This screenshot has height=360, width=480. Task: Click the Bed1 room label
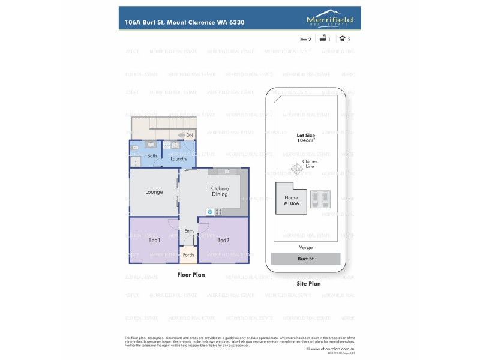pos(154,241)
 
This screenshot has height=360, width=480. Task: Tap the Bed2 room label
pos(223,241)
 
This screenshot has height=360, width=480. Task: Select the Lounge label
pos(154,192)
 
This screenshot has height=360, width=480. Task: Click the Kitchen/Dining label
pos(219,191)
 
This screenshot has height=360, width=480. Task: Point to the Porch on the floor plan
pos(188,256)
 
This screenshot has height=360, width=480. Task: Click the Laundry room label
pos(179,159)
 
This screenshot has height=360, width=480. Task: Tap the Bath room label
pos(152,156)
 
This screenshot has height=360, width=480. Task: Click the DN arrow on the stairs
pos(185,136)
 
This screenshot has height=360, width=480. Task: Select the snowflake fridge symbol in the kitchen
pos(209,211)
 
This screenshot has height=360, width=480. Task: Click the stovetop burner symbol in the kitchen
pos(218,211)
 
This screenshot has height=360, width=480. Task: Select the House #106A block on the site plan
pos(292,200)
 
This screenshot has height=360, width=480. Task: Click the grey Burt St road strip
pos(305,259)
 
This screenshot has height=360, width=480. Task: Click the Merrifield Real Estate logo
pos(329,18)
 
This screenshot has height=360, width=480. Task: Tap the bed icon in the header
pos(304,39)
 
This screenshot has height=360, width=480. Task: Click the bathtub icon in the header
pos(324,39)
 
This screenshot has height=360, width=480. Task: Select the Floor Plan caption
pos(191,274)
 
